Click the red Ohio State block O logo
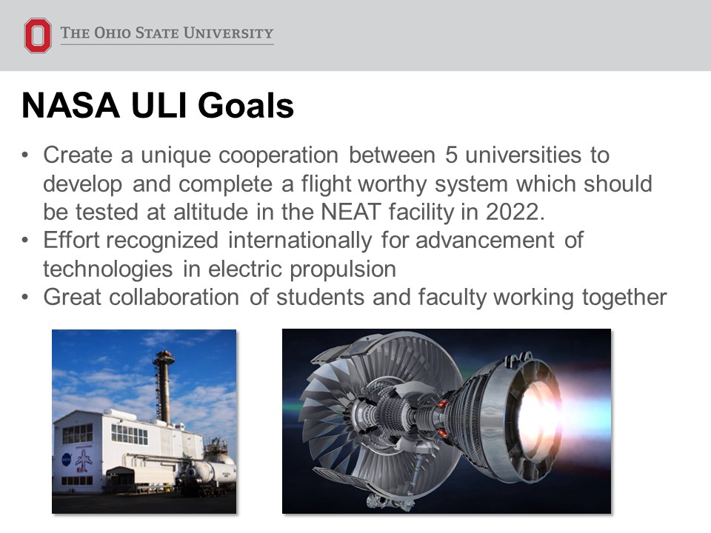38,36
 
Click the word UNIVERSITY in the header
229,33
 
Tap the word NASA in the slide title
71,106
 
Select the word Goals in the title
246,106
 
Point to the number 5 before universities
451,155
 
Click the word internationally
300,241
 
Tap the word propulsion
343,269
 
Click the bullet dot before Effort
25,240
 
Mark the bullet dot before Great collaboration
25,298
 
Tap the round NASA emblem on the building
66,460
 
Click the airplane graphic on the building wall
84,460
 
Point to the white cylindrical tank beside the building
214,472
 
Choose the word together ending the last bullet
624,298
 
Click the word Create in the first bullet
78,155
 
